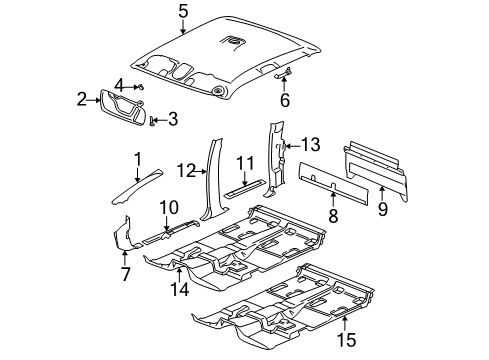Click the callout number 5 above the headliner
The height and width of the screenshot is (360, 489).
pos(183,12)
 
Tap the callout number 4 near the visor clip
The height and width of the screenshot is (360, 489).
pos(173,121)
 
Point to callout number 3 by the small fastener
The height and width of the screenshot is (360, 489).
pos(119,84)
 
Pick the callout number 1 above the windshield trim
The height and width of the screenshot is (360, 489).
pos(139,157)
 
